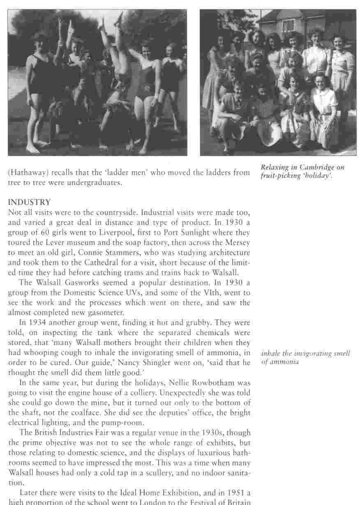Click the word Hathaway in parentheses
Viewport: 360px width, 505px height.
(25, 173)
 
